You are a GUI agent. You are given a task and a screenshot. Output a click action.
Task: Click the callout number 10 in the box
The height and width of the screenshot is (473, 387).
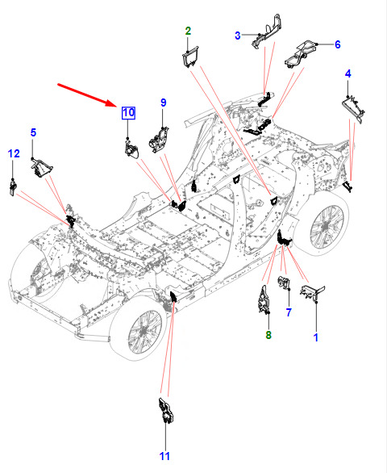[x=128, y=113]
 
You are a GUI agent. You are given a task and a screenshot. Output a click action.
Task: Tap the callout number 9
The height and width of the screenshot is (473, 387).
[x=163, y=103]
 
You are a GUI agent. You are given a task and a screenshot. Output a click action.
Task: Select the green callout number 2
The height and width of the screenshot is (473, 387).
[x=188, y=31]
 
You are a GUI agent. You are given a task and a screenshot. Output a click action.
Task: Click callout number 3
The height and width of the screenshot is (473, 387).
[x=238, y=36]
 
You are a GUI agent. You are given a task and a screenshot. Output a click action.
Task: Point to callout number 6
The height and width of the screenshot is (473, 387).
[x=338, y=44]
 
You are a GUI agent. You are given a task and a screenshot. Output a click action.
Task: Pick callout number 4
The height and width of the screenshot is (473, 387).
[x=348, y=73]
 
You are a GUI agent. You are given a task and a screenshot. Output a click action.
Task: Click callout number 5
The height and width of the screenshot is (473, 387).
[x=33, y=132]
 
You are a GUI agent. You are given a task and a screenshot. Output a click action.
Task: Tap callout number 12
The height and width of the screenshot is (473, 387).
[x=14, y=153]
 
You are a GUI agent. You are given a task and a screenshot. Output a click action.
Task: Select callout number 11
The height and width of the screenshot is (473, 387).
[x=164, y=456]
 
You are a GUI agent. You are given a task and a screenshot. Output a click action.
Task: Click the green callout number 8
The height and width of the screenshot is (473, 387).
[x=268, y=335]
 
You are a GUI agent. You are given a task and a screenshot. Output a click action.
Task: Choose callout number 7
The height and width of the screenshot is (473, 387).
[x=289, y=312]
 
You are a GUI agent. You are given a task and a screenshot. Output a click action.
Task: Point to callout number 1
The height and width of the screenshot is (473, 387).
[x=316, y=337]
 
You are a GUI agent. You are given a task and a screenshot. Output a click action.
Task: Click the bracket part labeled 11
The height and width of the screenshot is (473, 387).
[x=165, y=411]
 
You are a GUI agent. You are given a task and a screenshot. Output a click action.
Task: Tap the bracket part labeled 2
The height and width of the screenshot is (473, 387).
[x=190, y=57]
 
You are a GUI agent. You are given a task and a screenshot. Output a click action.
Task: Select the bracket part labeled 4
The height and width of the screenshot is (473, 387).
[x=353, y=108]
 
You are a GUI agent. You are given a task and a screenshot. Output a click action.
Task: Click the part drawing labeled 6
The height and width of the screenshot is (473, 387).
[x=301, y=54]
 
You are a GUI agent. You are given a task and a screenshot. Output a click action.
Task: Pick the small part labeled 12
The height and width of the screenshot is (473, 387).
[x=12, y=187]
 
